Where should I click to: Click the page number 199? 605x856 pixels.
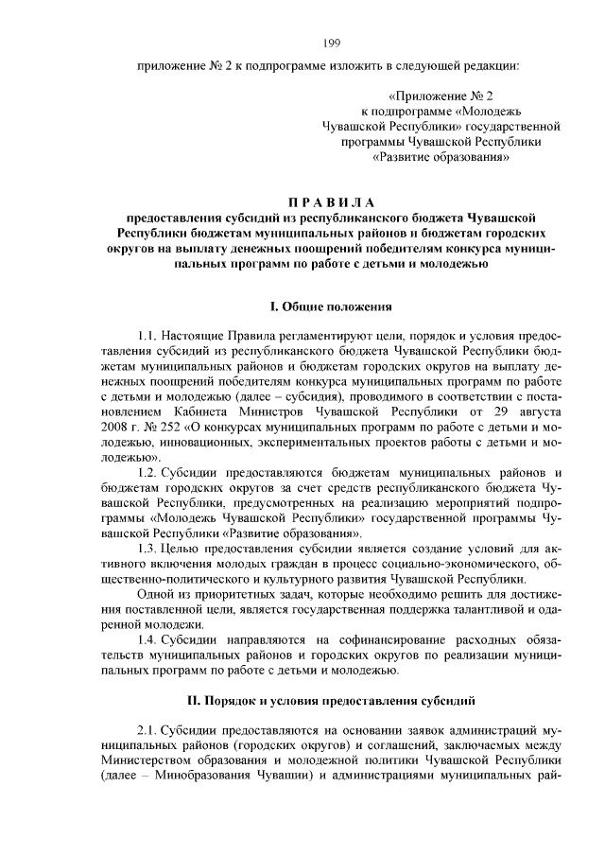(331, 42)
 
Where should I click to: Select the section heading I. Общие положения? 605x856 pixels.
(330, 307)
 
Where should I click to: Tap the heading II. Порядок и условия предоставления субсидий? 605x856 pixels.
(331, 700)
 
